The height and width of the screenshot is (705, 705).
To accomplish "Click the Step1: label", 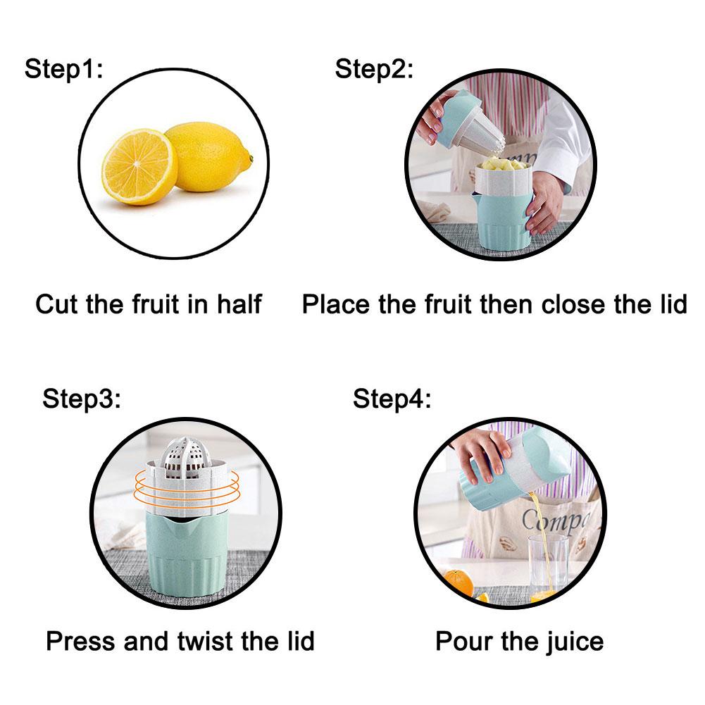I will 63,70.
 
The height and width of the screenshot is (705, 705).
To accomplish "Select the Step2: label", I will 374,70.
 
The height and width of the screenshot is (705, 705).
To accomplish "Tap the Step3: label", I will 82,398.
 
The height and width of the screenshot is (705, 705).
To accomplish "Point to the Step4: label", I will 392,398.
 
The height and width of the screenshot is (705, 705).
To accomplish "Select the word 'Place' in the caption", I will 336,304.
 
